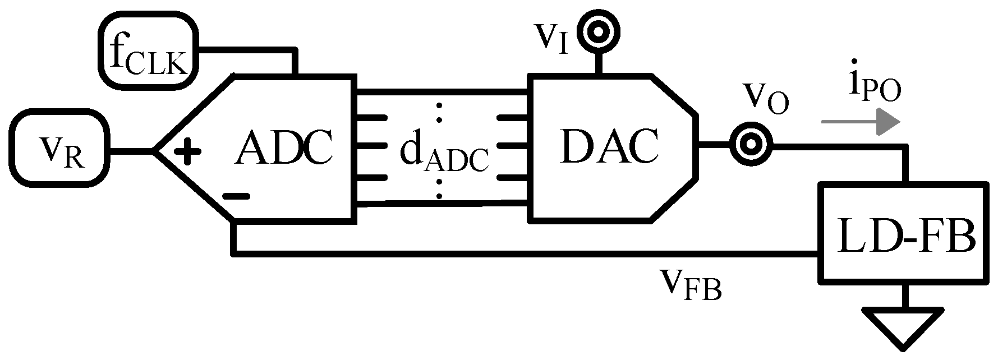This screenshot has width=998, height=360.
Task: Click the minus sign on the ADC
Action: click(235, 196)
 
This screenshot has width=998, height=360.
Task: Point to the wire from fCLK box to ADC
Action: click(247, 52)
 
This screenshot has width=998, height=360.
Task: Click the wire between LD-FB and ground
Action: click(904, 296)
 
